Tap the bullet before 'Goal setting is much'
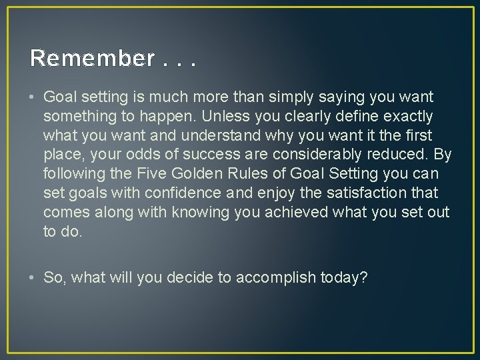click(33, 97)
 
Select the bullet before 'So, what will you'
click(33, 278)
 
